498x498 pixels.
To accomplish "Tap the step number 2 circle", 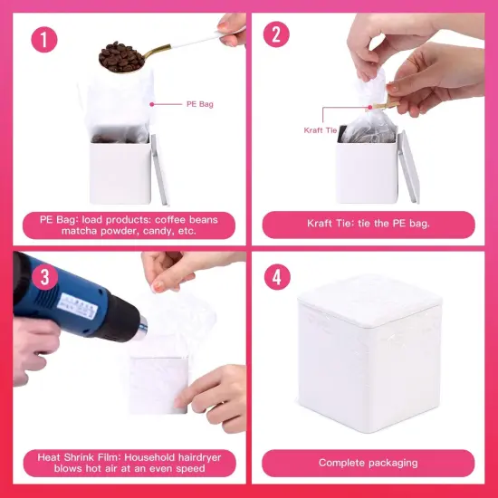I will pyautogui.click(x=276, y=35).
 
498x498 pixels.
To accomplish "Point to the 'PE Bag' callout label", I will pyautogui.click(x=201, y=104).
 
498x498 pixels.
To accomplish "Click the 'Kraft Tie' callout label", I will pyautogui.click(x=320, y=130).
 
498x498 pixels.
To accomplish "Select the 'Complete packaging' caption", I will pyautogui.click(x=368, y=463).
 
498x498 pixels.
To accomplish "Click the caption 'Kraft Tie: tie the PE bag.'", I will pyautogui.click(x=368, y=224).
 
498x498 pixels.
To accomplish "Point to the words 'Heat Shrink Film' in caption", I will pyautogui.click(x=78, y=455).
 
